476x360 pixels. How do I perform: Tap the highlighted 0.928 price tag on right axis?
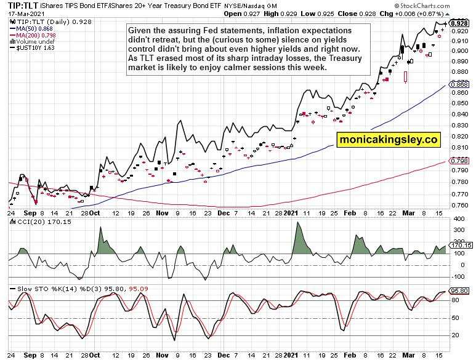coord(458,23)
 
